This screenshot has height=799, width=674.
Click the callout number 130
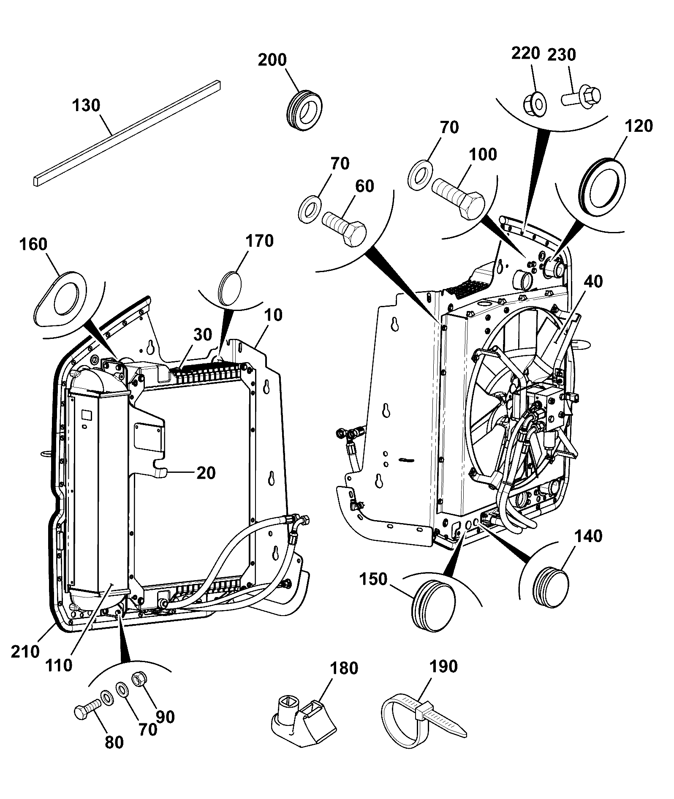coord(86,105)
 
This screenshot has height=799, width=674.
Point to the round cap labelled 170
coord(230,288)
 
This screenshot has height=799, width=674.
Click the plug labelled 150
coord(432,600)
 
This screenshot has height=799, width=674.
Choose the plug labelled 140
coord(551,587)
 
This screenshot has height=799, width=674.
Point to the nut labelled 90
coord(139,691)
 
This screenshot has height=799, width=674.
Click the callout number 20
coord(206,473)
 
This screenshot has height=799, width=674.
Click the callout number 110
coord(59,665)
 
